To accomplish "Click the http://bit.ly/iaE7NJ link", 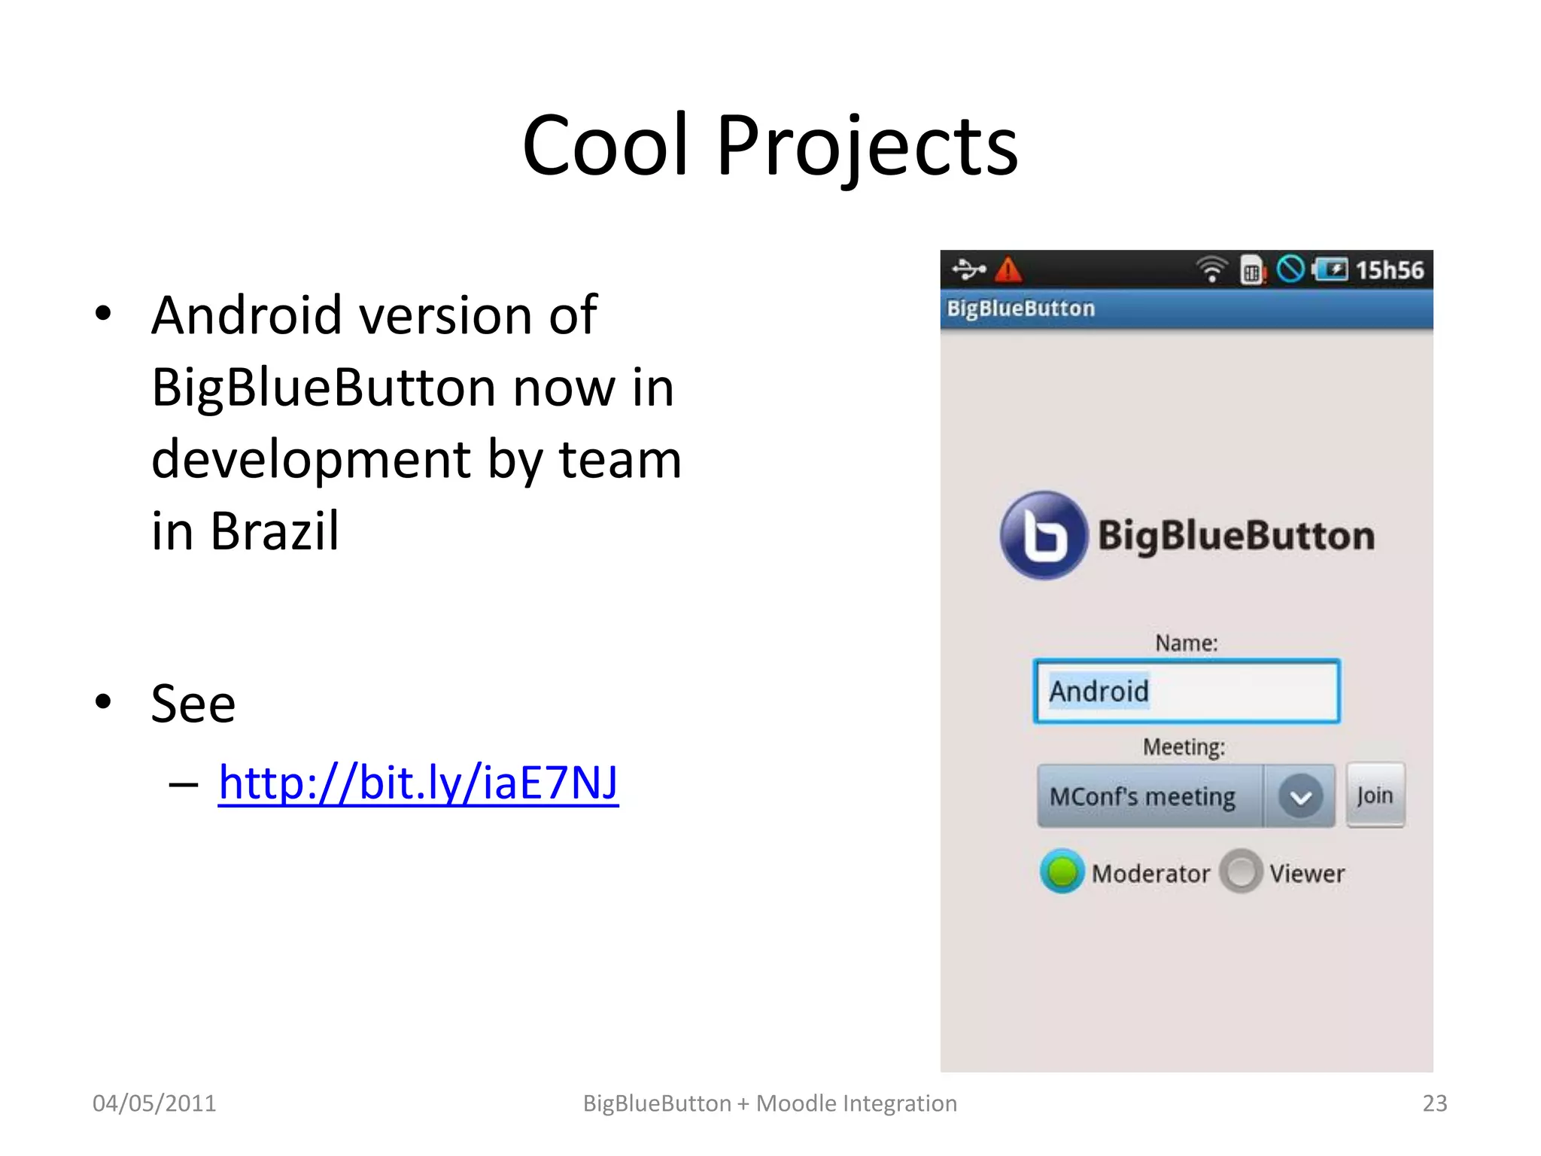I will [418, 783].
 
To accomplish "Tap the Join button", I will [1375, 796].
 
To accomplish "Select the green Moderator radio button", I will [1062, 872].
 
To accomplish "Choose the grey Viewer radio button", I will [1241, 872].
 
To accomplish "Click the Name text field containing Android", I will [1187, 692].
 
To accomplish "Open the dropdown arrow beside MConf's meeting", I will [1300, 797].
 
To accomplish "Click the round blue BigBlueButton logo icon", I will [1044, 535].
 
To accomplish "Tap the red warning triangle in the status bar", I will [1008, 269].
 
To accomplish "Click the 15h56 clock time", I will [1389, 270].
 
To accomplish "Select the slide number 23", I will [1434, 1103].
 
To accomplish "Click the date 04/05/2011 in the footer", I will [154, 1103].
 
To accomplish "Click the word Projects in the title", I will [867, 146].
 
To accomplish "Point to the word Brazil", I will [275, 531].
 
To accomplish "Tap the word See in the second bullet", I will [193, 704].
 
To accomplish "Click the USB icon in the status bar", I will [968, 269].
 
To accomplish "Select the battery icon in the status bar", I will [1330, 269].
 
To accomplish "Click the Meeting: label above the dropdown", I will [1184, 747].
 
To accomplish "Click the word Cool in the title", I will [605, 146].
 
